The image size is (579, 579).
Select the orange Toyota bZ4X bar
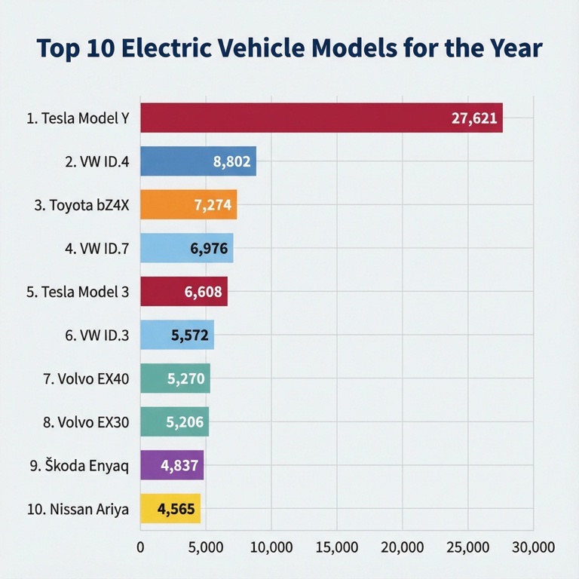tap(188, 204)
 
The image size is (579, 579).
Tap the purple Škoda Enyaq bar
tap(172, 465)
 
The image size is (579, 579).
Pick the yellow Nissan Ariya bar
tap(170, 509)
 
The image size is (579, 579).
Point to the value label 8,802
tap(231, 161)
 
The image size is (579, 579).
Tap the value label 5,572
tap(190, 335)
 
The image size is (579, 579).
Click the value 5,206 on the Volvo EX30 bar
tap(185, 422)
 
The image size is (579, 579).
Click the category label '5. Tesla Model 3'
tap(78, 293)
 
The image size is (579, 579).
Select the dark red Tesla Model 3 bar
tap(184, 292)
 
